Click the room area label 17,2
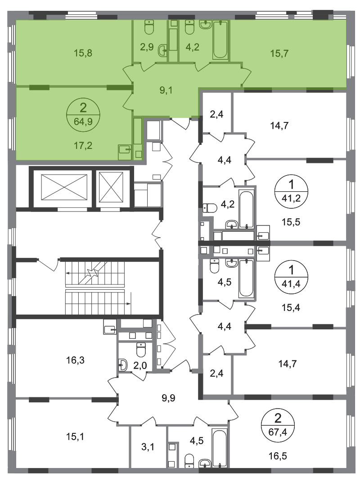coord(83,145)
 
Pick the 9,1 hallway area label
coord(166,90)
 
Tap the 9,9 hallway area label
coord(168,398)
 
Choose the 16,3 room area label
coord(75,360)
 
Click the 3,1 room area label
coord(148,447)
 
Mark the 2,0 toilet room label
coord(140,366)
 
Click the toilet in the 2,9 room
coord(149,27)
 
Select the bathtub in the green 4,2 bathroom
coord(220,40)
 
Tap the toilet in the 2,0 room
coord(141,350)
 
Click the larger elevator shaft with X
coord(64,188)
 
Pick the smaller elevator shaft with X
coord(111,188)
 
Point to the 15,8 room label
coord(83,53)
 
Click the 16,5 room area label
coord(278,456)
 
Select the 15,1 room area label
coord(75,436)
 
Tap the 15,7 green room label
coord(279,53)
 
